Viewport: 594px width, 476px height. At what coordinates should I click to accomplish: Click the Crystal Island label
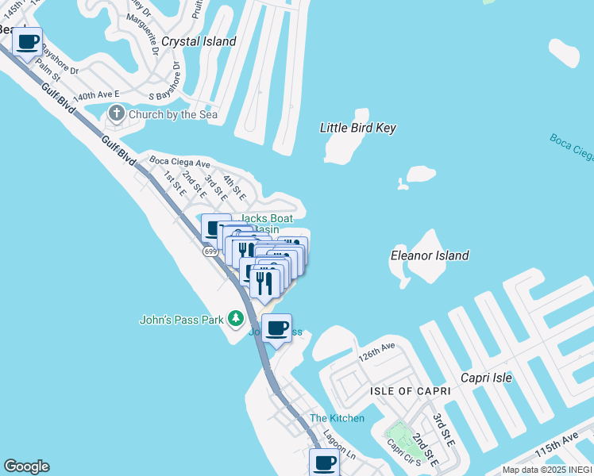pyautogui.click(x=199, y=41)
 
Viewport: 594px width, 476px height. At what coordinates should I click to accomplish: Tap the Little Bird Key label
pyautogui.click(x=357, y=128)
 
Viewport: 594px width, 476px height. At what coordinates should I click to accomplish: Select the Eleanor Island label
pyautogui.click(x=430, y=256)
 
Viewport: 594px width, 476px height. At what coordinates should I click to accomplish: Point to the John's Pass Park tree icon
pyautogui.click(x=235, y=319)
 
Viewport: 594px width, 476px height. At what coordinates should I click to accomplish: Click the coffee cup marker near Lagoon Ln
pyautogui.click(x=324, y=462)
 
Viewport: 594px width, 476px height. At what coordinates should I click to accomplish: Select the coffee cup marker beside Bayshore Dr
pyautogui.click(x=28, y=41)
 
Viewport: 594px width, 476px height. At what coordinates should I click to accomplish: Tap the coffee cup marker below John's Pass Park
pyautogui.click(x=276, y=327)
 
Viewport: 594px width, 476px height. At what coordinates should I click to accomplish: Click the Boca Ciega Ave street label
pyautogui.click(x=179, y=162)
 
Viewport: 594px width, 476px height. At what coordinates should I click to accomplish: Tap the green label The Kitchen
pyautogui.click(x=337, y=418)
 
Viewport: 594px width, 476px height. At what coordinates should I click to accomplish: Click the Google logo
pyautogui.click(x=26, y=466)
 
